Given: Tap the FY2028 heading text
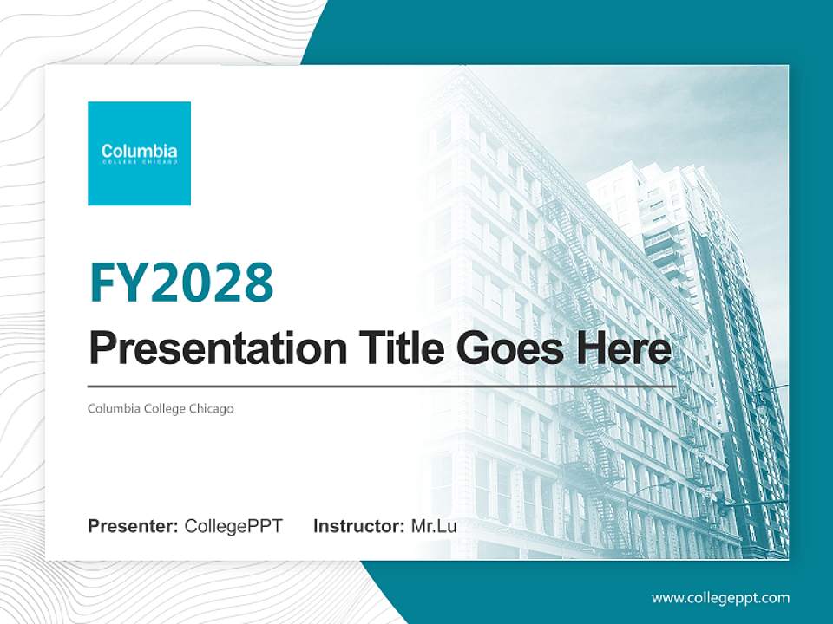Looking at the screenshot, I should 181,283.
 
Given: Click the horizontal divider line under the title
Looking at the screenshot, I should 382,386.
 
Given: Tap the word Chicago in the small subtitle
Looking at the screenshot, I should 212,408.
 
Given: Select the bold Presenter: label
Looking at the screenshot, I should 134,526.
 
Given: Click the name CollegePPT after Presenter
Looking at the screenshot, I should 233,526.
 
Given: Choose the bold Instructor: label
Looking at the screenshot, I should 358,526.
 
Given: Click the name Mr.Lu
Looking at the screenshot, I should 434,526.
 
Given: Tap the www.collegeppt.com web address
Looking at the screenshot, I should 720,598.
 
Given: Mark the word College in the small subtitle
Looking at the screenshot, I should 166,408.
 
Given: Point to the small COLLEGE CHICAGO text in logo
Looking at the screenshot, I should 139,162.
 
